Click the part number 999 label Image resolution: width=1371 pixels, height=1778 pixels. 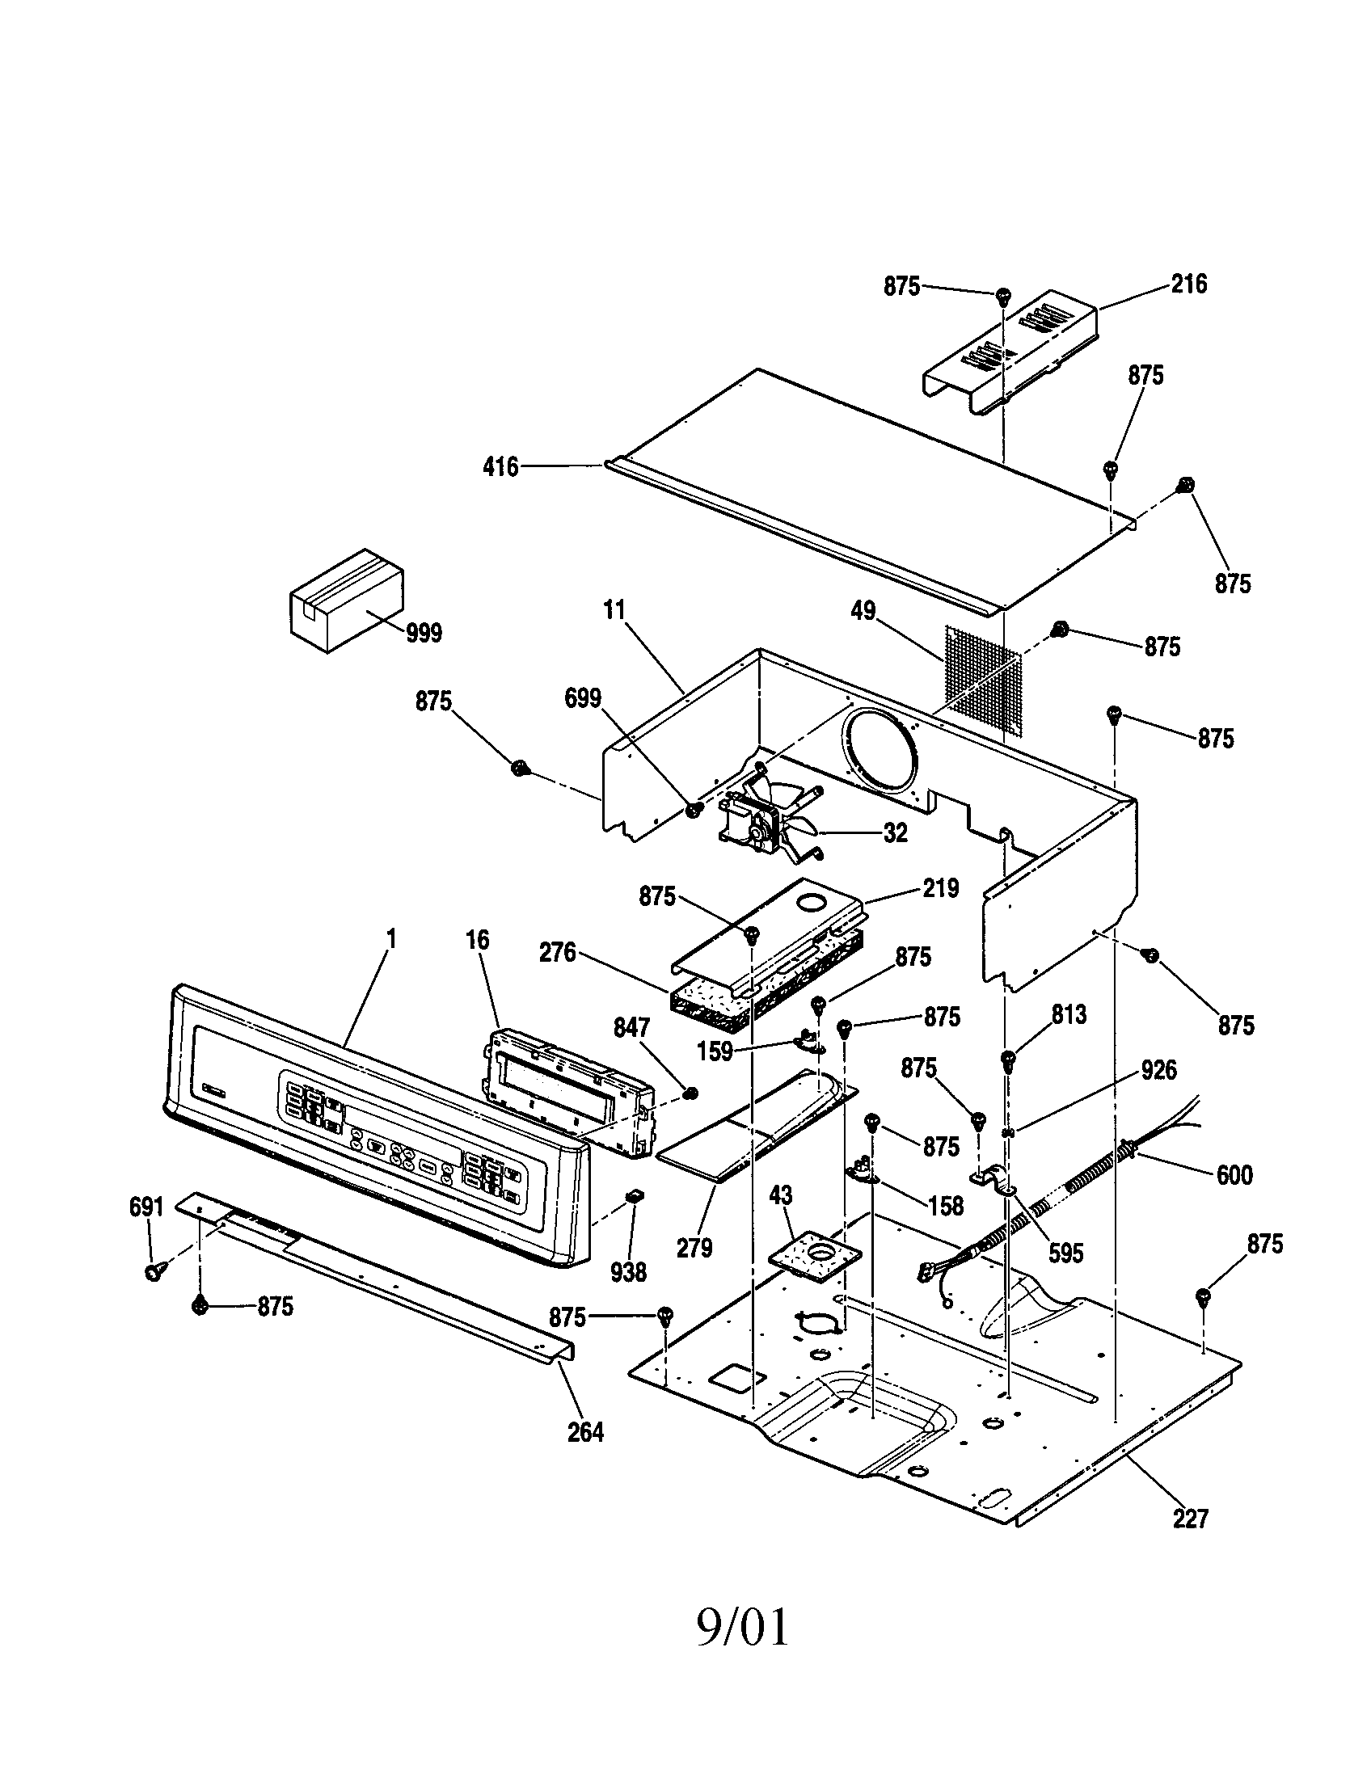pos(424,633)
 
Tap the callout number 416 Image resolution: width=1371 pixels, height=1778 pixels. pos(500,467)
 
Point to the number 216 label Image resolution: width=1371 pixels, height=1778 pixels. pos(1188,284)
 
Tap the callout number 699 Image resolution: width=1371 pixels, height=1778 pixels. pos(582,698)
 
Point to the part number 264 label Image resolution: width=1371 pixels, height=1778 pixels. pos(584,1432)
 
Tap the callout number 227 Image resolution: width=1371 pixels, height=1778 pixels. pos(1189,1519)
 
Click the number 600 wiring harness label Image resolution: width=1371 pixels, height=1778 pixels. pos(1234,1175)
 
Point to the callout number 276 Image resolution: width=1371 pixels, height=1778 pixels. pos(558,952)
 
